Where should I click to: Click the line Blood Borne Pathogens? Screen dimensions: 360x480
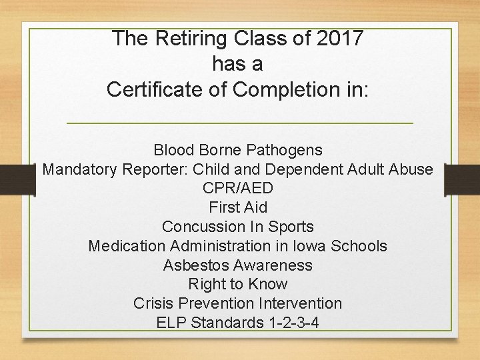tap(238, 150)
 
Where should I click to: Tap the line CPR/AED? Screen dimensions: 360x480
tap(238, 188)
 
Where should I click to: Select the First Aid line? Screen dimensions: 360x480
tap(238, 207)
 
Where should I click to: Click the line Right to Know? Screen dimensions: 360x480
tap(238, 284)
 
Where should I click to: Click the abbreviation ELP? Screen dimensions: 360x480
tap(171, 323)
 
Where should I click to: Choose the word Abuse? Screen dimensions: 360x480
tap(412, 169)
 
